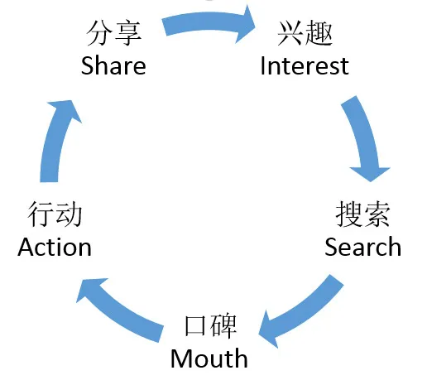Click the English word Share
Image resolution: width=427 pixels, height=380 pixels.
pyautogui.click(x=113, y=65)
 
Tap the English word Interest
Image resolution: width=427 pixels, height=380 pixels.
pyautogui.click(x=305, y=65)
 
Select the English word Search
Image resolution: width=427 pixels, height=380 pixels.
pyautogui.click(x=362, y=247)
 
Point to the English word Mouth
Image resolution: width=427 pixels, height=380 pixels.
pyautogui.click(x=209, y=358)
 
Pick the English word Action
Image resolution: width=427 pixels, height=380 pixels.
pyautogui.click(x=55, y=247)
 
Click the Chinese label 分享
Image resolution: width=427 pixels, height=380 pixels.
pyautogui.click(x=114, y=33)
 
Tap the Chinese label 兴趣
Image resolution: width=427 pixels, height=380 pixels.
pyautogui.click(x=305, y=33)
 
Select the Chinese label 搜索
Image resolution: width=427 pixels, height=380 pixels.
pyautogui.click(x=363, y=214)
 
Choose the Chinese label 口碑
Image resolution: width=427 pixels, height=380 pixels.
pyautogui.click(x=210, y=326)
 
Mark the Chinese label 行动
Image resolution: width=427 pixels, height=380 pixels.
pyautogui.click(x=55, y=214)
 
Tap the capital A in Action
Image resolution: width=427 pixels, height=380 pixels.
pyautogui.click(x=26, y=247)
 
